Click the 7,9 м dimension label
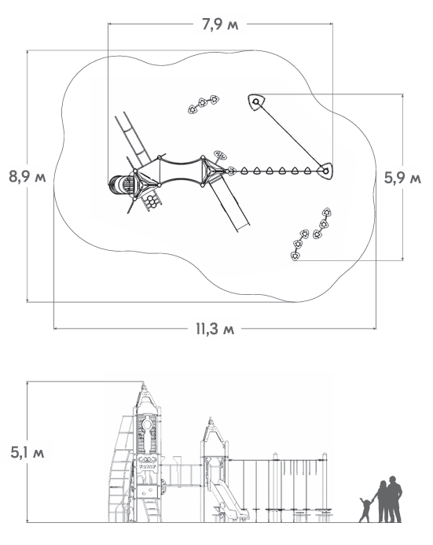[220, 24]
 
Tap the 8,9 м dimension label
[27, 177]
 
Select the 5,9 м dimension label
[402, 178]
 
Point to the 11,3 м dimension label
[215, 329]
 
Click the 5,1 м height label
[27, 452]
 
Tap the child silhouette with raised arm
[365, 510]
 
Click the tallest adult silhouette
[394, 499]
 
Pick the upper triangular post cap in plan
[257, 101]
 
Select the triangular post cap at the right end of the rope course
[325, 171]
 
